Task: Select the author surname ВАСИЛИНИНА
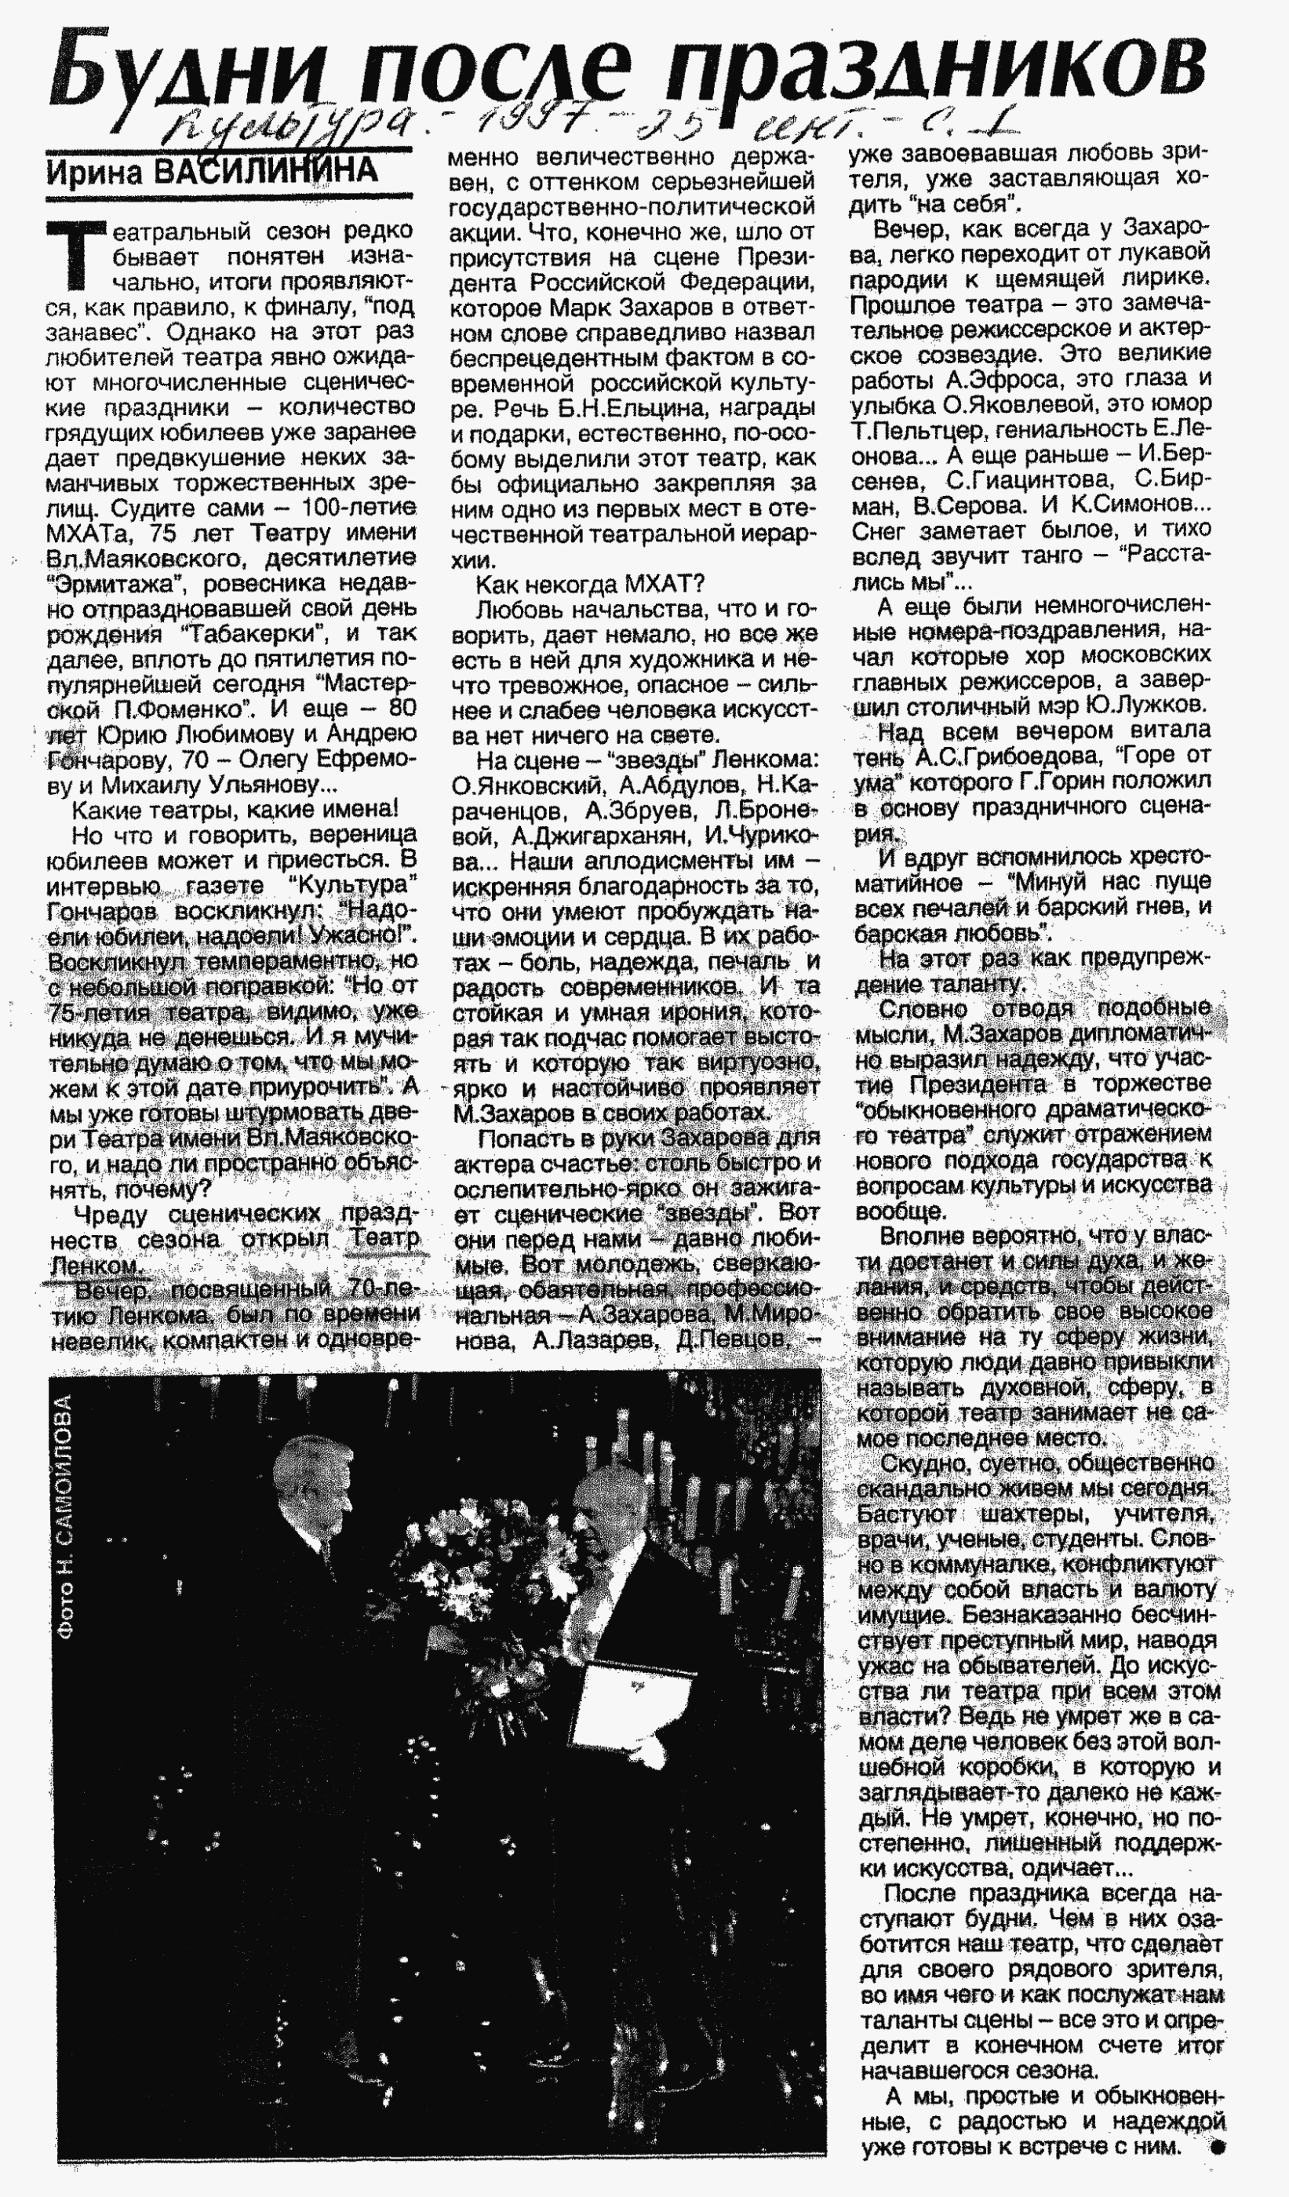(266, 171)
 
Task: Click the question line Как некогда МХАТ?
(590, 584)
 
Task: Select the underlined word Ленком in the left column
(94, 1266)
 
